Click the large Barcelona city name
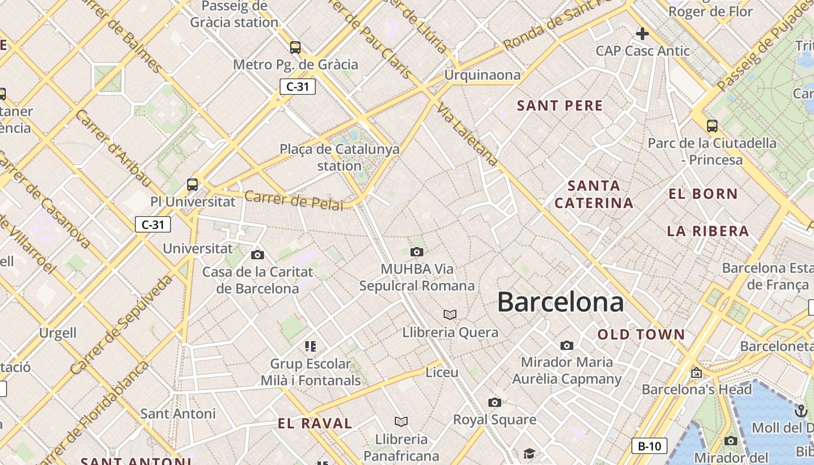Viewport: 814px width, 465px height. tap(560, 302)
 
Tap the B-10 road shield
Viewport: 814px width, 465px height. tap(649, 446)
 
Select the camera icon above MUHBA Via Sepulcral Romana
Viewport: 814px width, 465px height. tap(416, 252)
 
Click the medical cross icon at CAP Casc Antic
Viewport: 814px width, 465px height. tap(642, 34)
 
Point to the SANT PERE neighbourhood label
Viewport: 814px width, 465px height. tap(560, 106)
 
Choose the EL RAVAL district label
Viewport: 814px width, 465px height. tap(315, 423)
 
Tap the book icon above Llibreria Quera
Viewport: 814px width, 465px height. tap(450, 314)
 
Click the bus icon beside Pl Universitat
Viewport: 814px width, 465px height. tap(192, 185)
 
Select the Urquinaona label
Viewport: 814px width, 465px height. tap(482, 75)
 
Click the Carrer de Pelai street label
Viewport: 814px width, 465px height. tap(293, 199)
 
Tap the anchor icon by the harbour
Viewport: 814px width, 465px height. tap(801, 412)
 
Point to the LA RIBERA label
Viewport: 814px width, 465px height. tap(708, 231)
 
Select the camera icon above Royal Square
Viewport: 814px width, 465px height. tap(494, 402)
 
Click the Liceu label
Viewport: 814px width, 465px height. tap(442, 372)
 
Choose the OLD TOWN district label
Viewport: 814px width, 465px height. tap(641, 334)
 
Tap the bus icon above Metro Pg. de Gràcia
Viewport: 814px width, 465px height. tap(295, 47)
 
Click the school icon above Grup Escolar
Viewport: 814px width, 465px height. tap(310, 346)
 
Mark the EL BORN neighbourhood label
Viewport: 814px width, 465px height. tap(703, 194)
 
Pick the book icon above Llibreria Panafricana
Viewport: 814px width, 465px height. tap(401, 421)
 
